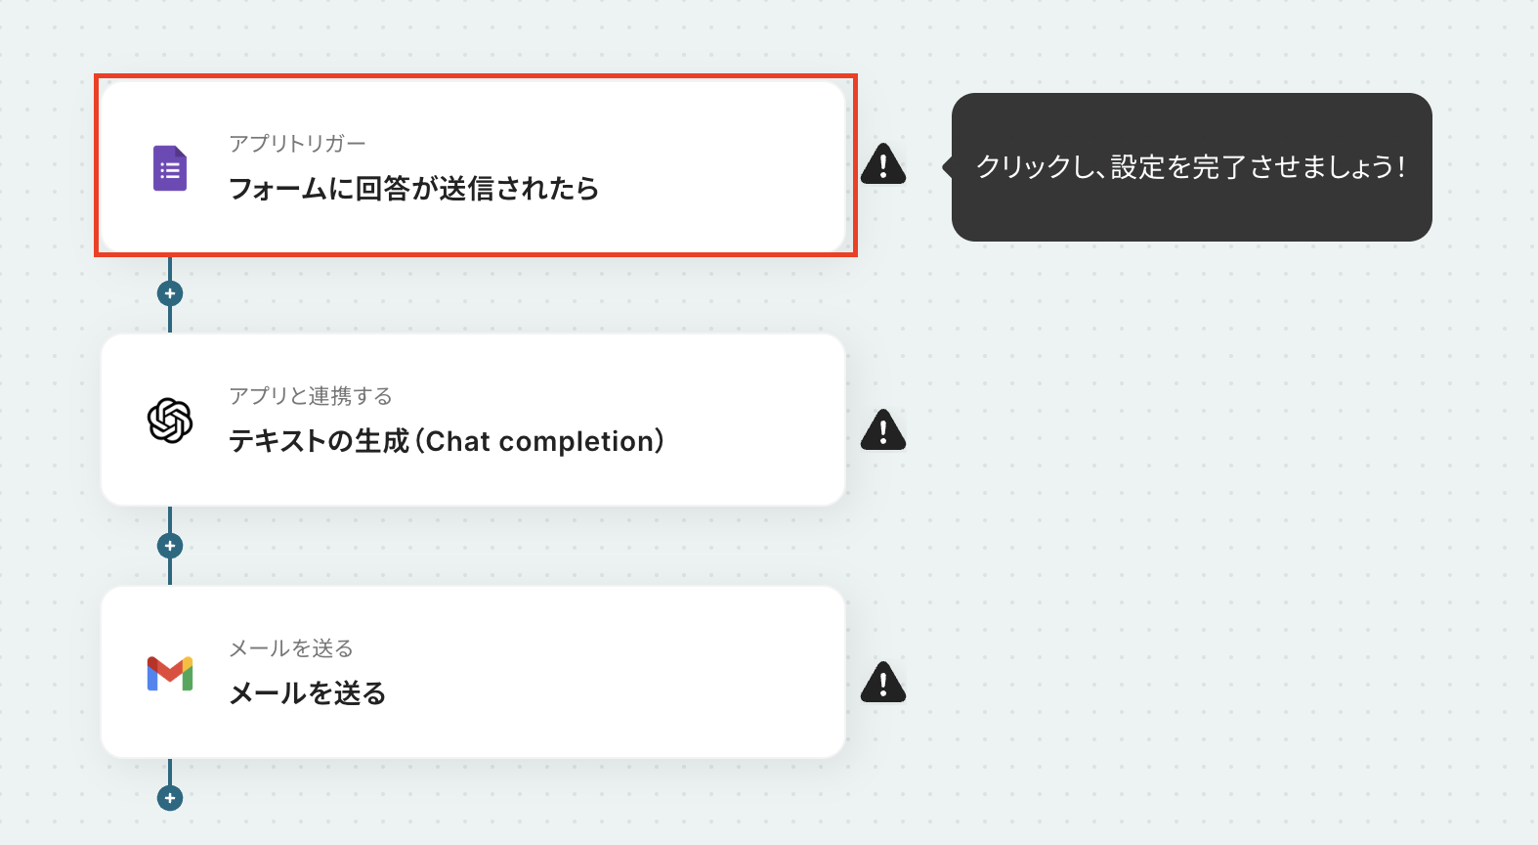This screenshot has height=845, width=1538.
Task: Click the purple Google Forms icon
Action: (170, 168)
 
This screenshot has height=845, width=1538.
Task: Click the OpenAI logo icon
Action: (170, 421)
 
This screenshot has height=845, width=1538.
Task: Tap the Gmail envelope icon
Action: (170, 674)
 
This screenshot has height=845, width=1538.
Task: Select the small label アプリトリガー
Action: (297, 144)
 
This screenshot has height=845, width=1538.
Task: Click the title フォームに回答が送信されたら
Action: (413, 188)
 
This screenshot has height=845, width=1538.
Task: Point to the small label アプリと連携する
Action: (311, 396)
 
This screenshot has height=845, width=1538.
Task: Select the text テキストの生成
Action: (319, 441)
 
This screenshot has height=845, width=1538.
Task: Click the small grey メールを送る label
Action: (291, 648)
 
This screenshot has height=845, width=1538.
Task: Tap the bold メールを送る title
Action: (308, 693)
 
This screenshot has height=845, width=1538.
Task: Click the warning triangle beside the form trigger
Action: (883, 163)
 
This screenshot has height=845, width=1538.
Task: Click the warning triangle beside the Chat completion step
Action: (883, 429)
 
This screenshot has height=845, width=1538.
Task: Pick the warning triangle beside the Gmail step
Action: (883, 683)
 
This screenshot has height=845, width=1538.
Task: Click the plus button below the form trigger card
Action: (170, 293)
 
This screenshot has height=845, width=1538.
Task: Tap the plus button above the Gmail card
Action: (170, 546)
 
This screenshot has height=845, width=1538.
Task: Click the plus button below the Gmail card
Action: (170, 798)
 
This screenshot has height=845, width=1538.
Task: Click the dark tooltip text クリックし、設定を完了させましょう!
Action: (1191, 167)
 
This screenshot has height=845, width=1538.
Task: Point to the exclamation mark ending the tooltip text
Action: (1401, 167)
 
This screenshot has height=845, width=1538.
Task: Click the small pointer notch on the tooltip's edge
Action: (947, 167)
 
